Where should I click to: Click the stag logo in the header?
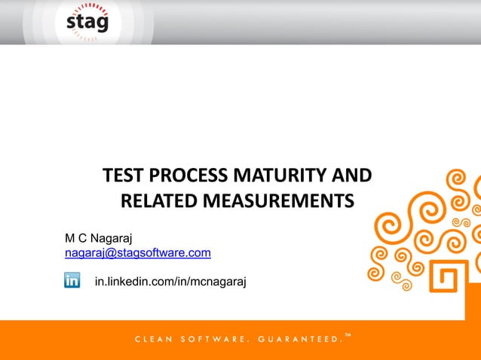click(x=87, y=22)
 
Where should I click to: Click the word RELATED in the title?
click(x=156, y=201)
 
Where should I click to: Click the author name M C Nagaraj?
click(x=99, y=239)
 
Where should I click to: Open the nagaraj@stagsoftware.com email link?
click(x=137, y=253)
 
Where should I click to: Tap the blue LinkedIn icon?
click(x=72, y=280)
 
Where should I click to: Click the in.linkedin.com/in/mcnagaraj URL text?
click(x=170, y=282)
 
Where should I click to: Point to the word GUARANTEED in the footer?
click(x=299, y=340)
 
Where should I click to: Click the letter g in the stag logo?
click(x=101, y=24)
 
